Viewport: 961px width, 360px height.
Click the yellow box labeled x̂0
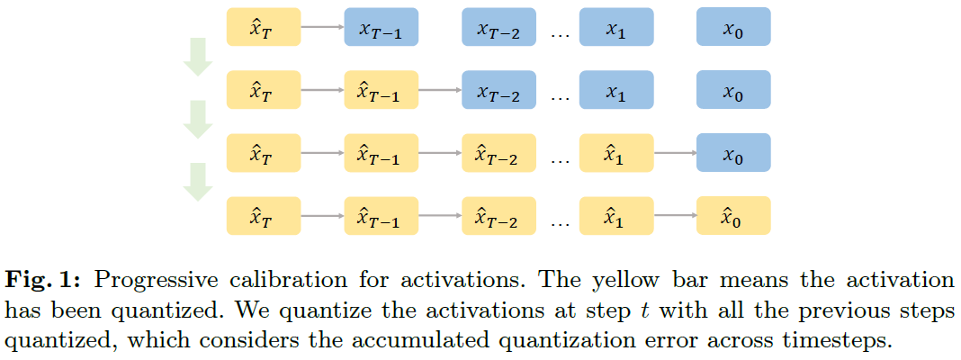coord(733,216)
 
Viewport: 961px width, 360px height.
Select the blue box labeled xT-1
coord(381,28)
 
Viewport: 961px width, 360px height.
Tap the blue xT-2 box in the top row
coord(498,28)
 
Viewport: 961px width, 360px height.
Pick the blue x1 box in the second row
coord(615,91)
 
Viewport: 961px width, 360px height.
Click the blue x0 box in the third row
coord(733,154)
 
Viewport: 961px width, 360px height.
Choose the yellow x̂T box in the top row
coord(263,28)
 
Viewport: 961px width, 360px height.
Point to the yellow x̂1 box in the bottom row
coord(615,216)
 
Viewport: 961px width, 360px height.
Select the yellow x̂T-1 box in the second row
coord(381,91)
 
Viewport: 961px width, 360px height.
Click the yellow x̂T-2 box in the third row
coord(498,154)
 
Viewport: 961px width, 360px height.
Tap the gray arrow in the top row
coord(321,28)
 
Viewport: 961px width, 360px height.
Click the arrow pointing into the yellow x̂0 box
coord(675,216)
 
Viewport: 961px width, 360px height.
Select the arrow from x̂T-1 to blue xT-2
coord(439,91)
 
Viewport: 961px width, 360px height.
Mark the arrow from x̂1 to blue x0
coord(675,154)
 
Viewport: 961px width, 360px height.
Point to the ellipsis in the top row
coord(560,33)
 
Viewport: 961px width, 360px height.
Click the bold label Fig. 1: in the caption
coord(40,280)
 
